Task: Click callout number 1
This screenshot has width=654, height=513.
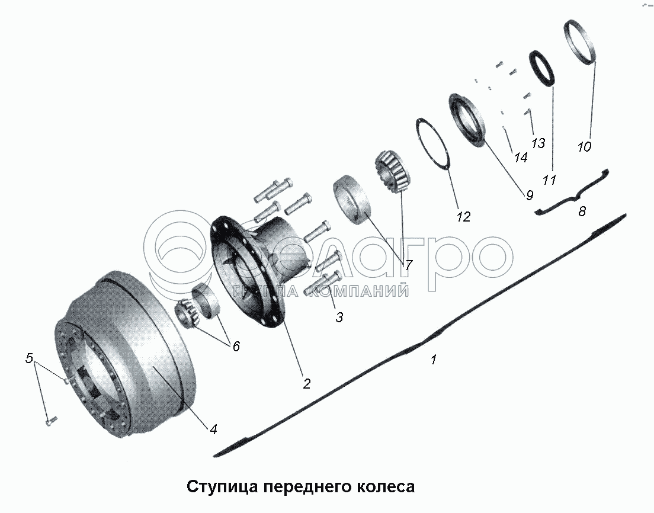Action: pyautogui.click(x=434, y=360)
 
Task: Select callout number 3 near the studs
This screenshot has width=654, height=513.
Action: pyautogui.click(x=339, y=318)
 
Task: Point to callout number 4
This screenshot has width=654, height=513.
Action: pyautogui.click(x=213, y=429)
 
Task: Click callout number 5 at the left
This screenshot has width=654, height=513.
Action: pyautogui.click(x=29, y=358)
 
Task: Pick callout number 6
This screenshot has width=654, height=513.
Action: pyautogui.click(x=236, y=346)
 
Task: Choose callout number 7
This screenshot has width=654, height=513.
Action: pyautogui.click(x=408, y=264)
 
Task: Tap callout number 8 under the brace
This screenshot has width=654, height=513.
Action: pyautogui.click(x=582, y=211)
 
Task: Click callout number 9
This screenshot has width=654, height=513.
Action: pyautogui.click(x=529, y=195)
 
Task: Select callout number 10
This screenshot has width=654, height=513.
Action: pyautogui.click(x=584, y=147)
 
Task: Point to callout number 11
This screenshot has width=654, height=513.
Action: pyautogui.click(x=549, y=180)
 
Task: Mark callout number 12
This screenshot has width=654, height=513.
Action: pyautogui.click(x=463, y=216)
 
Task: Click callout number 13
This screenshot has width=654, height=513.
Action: pyautogui.click(x=538, y=143)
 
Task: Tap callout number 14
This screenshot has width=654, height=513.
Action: pyautogui.click(x=520, y=157)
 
